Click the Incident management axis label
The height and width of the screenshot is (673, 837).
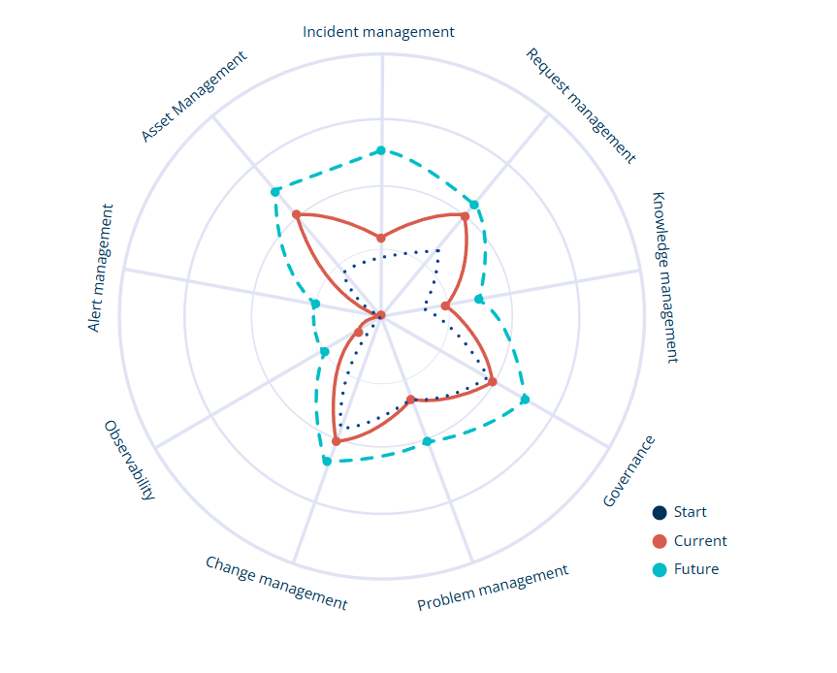[x=378, y=32]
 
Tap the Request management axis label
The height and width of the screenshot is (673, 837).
[x=581, y=106]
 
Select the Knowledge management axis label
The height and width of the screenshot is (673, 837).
[x=665, y=277]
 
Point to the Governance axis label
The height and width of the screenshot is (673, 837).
[x=628, y=470]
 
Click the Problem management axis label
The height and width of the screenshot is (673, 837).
[x=493, y=587]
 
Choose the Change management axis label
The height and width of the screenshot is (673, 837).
[x=276, y=583]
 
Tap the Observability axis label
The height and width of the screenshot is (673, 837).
[x=130, y=460]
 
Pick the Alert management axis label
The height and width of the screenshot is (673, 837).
[x=100, y=268]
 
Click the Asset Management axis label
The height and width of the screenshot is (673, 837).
[x=194, y=97]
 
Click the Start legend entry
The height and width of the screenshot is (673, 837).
[x=680, y=512]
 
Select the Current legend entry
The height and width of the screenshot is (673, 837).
[x=690, y=541]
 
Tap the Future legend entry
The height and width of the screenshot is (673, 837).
[x=686, y=569]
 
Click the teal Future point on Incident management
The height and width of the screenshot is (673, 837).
[x=381, y=150]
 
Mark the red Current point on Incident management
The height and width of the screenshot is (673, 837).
[x=380, y=238]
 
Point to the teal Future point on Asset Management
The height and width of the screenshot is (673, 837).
[x=274, y=192]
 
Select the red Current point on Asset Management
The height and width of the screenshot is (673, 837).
[x=297, y=214]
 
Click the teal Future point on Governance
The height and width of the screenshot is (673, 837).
[x=525, y=400]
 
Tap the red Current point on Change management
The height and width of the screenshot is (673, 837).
[x=337, y=441]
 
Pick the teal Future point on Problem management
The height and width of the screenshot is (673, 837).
[x=427, y=441]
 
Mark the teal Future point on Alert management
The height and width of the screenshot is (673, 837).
[x=315, y=304]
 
